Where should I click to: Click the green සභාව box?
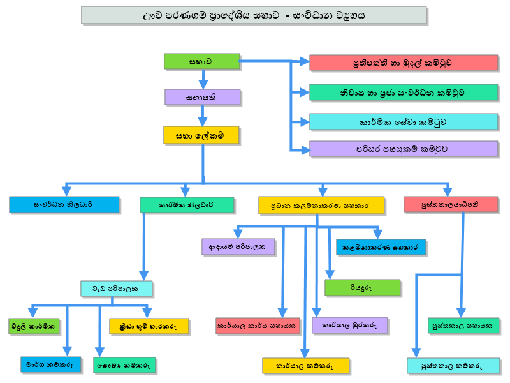(201, 61)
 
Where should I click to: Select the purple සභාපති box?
(202, 97)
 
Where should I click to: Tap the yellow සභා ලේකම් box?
(201, 135)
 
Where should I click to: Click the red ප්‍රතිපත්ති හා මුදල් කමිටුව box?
(404, 63)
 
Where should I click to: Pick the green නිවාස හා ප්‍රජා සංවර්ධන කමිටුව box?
(404, 93)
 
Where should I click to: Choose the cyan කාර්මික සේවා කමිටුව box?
(404, 122)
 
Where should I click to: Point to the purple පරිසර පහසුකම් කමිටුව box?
(404, 149)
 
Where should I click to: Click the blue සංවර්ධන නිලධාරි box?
(64, 204)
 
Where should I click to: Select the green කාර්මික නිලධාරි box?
(187, 205)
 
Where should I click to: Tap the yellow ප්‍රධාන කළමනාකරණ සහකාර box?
(321, 205)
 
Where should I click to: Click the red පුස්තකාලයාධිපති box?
(451, 204)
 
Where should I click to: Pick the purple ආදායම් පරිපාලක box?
(238, 246)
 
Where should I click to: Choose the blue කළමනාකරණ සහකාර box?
(381, 247)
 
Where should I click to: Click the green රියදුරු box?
(362, 288)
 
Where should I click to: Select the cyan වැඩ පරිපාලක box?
(116, 289)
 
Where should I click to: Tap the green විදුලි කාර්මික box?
(34, 326)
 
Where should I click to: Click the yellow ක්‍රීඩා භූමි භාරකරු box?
(149, 326)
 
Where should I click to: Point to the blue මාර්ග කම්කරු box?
(51, 364)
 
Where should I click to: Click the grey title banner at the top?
(254, 15)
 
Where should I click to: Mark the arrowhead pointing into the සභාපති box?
(203, 85)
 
